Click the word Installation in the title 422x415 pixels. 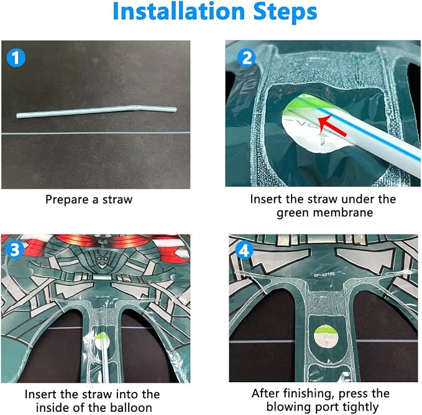click(179, 11)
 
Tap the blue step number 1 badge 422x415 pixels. click(16, 58)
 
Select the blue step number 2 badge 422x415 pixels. click(247, 58)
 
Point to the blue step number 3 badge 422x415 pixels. click(15, 249)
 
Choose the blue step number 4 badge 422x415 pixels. click(244, 251)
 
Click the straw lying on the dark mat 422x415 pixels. click(96, 112)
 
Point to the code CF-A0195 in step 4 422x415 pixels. click(324, 275)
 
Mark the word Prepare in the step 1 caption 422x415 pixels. click(67, 200)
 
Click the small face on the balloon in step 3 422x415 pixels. click(102, 261)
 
